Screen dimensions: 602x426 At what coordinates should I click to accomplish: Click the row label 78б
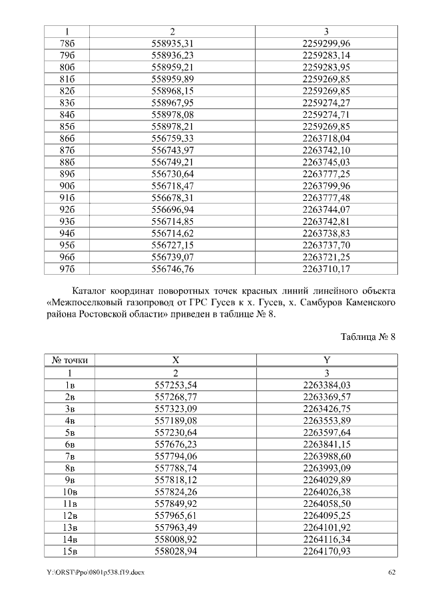pyautogui.click(x=67, y=43)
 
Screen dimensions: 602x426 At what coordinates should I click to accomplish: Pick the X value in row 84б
pyautogui.click(x=172, y=114)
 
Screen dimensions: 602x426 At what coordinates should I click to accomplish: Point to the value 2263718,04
pyautogui.click(x=326, y=138)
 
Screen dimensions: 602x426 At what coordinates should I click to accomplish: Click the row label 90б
pyautogui.click(x=67, y=186)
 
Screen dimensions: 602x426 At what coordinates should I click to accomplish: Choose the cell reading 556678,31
pyautogui.click(x=172, y=198)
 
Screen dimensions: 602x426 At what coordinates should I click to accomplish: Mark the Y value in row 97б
pyautogui.click(x=326, y=269)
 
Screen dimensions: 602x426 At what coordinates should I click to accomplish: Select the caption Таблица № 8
pyautogui.click(x=368, y=337)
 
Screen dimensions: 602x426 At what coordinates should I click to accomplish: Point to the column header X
pyautogui.click(x=176, y=361)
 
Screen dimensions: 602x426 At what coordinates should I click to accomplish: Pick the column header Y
pyautogui.click(x=327, y=361)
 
